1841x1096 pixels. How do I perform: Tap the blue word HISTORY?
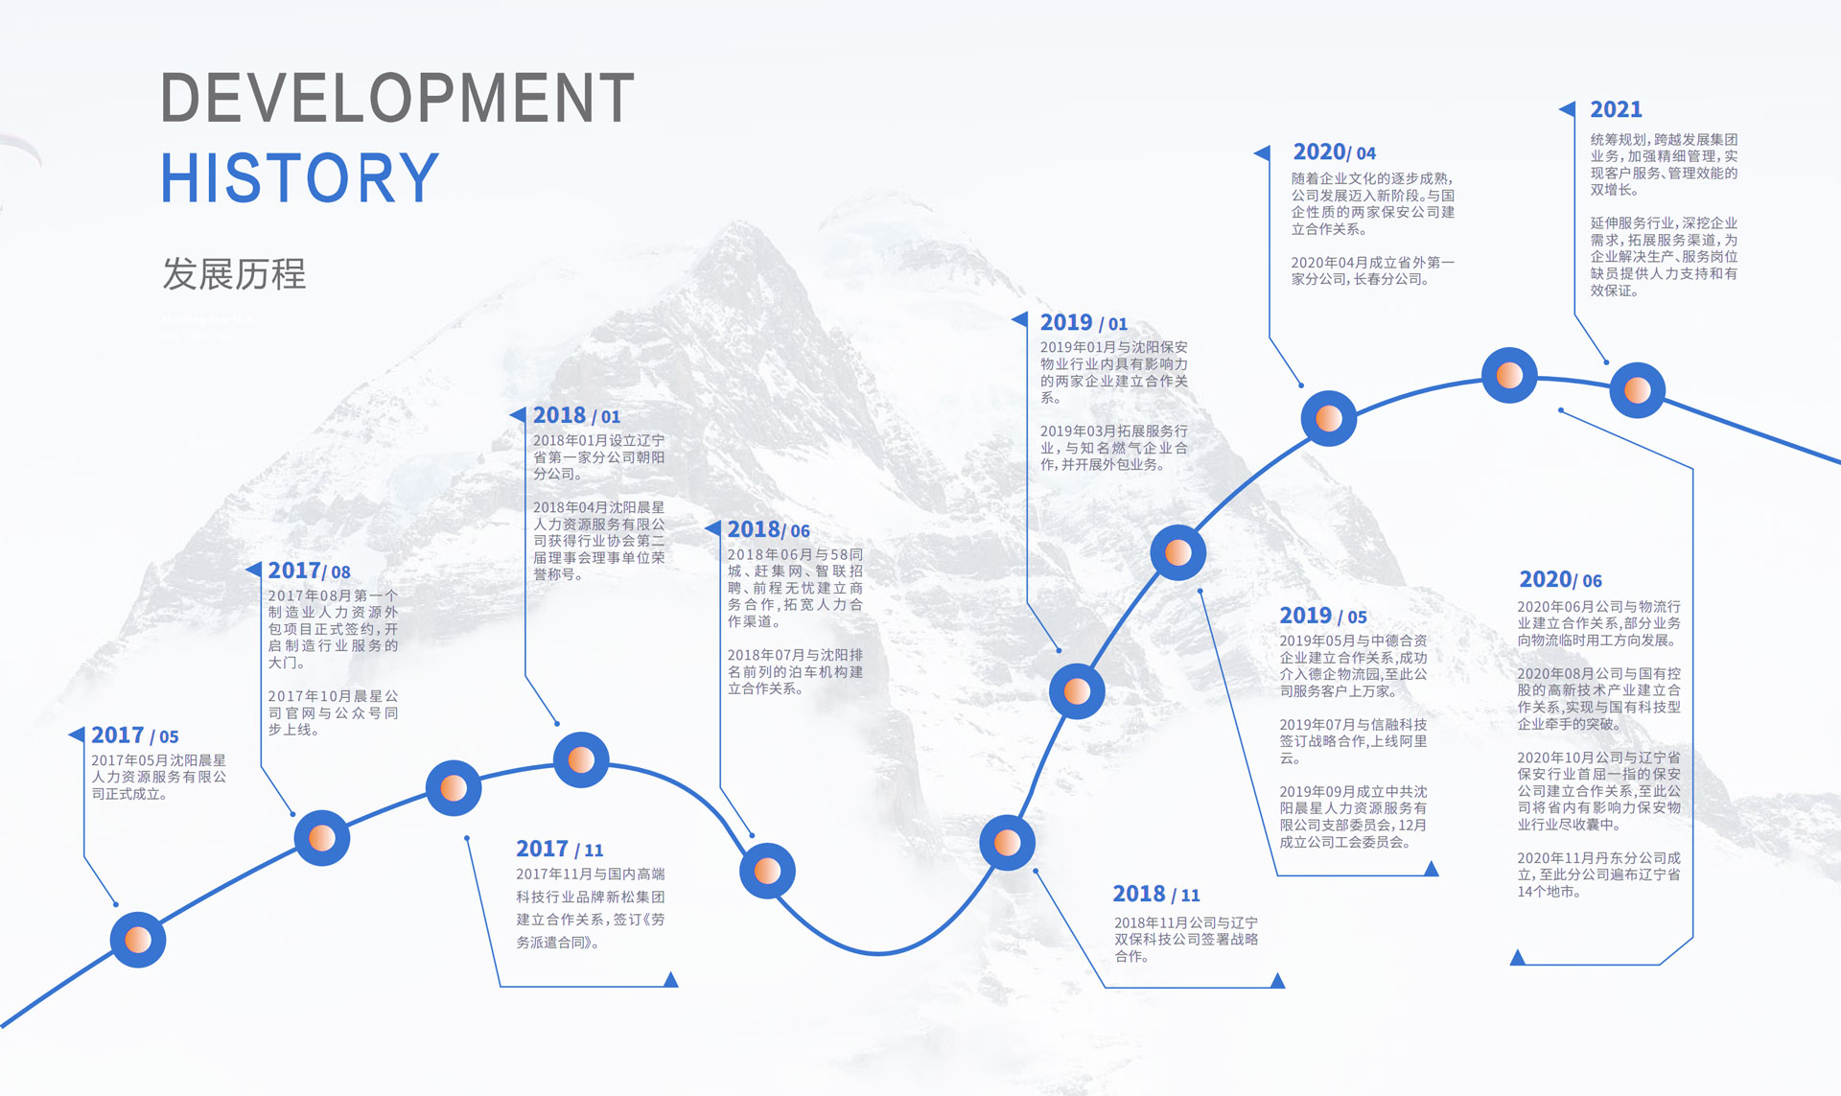[299, 178]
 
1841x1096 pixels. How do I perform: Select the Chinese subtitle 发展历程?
[234, 274]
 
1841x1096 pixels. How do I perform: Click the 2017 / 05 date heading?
[135, 735]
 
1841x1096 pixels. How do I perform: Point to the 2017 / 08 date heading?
[309, 571]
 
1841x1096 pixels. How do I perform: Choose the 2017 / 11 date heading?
[560, 849]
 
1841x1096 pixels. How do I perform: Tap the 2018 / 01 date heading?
[576, 415]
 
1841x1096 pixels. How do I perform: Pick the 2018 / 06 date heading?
[768, 529]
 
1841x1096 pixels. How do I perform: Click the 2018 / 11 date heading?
[1156, 894]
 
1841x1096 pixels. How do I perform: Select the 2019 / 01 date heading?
[1084, 322]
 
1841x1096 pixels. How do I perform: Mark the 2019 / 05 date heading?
[1323, 616]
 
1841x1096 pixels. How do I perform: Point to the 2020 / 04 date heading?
[1334, 152]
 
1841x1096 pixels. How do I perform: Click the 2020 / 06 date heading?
[1560, 579]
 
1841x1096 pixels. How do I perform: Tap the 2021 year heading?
[1616, 109]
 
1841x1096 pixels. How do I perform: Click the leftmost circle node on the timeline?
[138, 940]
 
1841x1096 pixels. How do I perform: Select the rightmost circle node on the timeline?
[1637, 390]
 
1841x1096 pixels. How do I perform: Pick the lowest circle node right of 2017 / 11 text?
[767, 871]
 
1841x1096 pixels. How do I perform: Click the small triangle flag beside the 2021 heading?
[1568, 109]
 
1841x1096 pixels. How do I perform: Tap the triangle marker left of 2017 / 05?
[77, 735]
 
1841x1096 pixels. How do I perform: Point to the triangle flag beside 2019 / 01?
[1019, 319]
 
